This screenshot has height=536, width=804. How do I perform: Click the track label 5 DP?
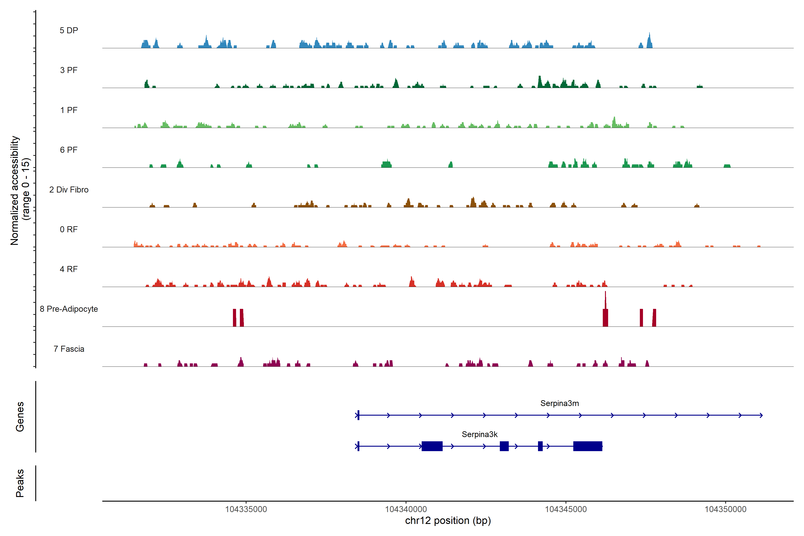[x=69, y=30]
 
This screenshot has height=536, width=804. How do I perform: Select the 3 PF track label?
[x=69, y=70]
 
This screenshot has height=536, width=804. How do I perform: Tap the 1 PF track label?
[x=69, y=110]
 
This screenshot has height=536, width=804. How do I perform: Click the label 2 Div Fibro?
[x=69, y=190]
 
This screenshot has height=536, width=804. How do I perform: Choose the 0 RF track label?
[x=69, y=229]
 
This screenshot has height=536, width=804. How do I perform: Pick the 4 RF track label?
[x=69, y=269]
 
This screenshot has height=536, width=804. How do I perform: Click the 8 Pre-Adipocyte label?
[x=69, y=309]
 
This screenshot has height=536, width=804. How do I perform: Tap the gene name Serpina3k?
[x=479, y=434]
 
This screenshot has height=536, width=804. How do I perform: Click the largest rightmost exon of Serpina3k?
[x=587, y=446]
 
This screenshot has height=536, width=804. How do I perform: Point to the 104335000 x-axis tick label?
[x=246, y=509]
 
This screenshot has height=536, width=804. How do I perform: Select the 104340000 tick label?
[x=406, y=509]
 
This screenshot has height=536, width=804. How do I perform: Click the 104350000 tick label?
[x=725, y=509]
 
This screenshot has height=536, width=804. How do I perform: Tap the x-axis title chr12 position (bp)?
[x=448, y=521]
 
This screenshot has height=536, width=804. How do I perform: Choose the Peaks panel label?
[x=20, y=483]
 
